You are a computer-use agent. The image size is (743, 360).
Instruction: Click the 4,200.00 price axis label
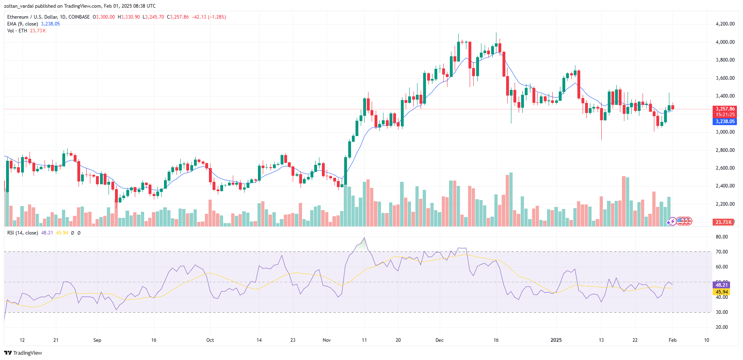click(x=725, y=24)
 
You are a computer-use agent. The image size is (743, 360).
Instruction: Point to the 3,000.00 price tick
click(x=725, y=132)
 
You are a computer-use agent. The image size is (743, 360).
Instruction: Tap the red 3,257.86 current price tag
click(x=725, y=109)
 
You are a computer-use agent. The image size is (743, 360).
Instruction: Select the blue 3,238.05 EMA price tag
click(x=725, y=121)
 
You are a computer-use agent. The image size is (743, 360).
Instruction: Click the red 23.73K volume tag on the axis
click(x=724, y=222)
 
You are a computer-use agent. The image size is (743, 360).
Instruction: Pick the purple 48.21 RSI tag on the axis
click(x=722, y=285)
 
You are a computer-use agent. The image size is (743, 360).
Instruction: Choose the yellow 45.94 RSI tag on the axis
click(x=722, y=292)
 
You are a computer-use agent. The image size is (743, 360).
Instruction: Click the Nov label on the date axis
click(x=327, y=340)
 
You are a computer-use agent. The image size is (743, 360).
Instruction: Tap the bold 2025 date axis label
click(x=556, y=340)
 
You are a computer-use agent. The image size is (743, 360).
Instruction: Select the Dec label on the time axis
click(x=439, y=340)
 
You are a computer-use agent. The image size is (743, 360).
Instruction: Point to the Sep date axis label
click(x=97, y=340)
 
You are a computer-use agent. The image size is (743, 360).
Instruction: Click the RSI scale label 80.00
click(x=722, y=237)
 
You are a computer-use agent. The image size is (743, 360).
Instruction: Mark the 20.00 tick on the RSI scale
click(x=722, y=327)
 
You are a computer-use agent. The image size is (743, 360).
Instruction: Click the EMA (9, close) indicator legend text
click(x=23, y=24)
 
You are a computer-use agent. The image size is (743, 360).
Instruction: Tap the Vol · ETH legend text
click(x=17, y=31)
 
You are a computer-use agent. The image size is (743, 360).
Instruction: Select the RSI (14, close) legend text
click(x=23, y=233)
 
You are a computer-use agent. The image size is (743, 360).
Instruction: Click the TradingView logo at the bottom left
click(x=23, y=353)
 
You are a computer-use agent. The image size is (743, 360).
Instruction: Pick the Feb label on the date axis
click(x=673, y=340)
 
